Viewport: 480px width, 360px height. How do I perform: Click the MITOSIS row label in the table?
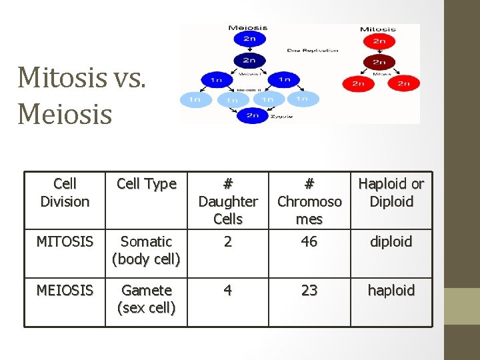(65, 241)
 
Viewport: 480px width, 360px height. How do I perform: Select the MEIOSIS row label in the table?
(65, 291)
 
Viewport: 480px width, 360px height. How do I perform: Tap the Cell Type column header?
(146, 184)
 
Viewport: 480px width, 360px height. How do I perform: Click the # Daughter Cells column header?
(228, 201)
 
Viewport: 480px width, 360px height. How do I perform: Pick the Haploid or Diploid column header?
(391, 193)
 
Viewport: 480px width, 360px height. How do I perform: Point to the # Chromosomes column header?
(309, 201)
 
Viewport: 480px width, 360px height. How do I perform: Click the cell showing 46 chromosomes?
(309, 241)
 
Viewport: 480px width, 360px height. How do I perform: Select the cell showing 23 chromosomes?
(309, 291)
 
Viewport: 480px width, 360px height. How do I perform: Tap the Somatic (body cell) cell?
(146, 250)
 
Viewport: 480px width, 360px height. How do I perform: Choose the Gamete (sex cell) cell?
(146, 299)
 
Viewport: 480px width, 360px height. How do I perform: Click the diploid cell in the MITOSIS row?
(391, 241)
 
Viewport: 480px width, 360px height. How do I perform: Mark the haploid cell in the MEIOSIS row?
(391, 291)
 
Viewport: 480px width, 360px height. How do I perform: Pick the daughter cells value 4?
(228, 291)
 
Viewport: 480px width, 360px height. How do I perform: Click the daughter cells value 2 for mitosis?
(228, 241)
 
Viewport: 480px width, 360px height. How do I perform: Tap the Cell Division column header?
(65, 193)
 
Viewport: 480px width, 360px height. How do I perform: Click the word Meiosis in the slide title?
(65, 113)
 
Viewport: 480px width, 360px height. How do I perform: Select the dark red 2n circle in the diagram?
(379, 63)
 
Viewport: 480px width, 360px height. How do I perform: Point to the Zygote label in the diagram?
(278, 115)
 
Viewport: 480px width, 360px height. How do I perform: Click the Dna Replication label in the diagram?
(313, 50)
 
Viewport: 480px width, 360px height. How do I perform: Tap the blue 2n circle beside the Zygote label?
(253, 115)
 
